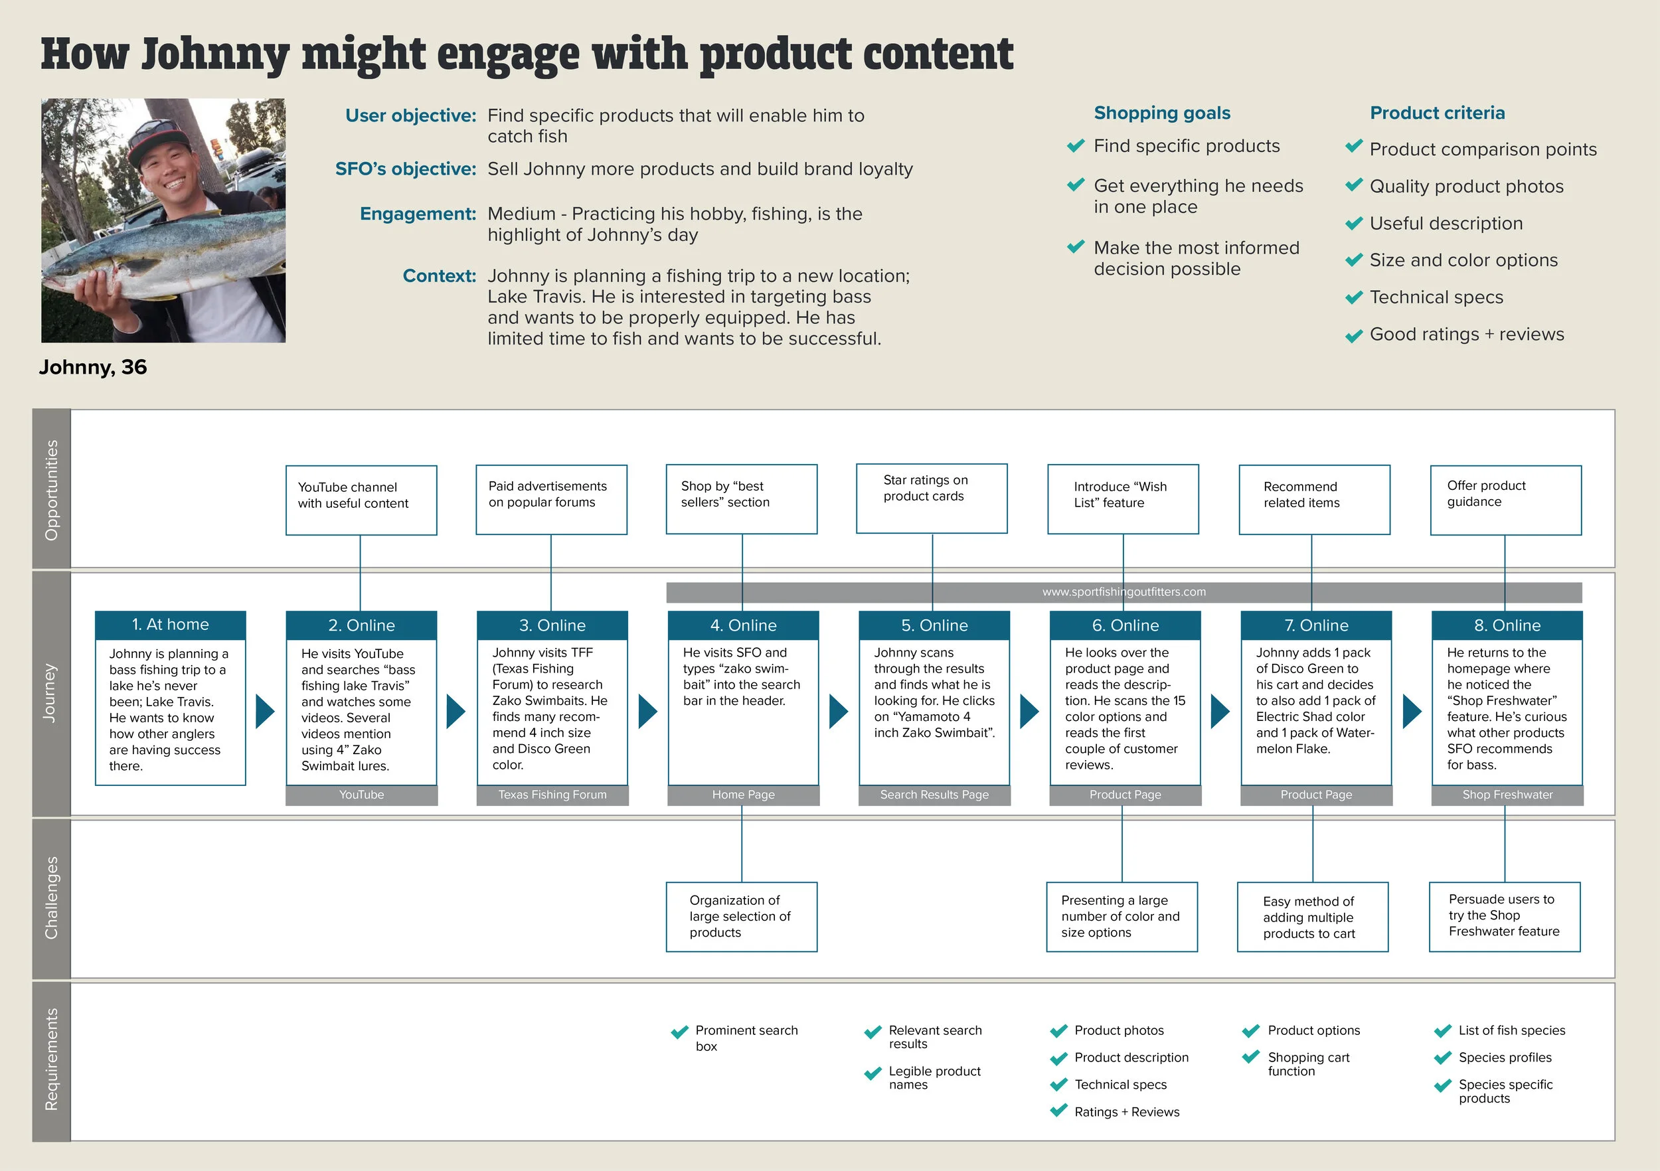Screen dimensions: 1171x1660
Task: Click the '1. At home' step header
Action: (x=170, y=625)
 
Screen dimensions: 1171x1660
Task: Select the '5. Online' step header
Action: (x=934, y=625)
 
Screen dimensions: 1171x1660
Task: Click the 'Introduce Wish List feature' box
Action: (x=1123, y=499)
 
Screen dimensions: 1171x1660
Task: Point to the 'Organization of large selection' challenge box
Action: (x=741, y=917)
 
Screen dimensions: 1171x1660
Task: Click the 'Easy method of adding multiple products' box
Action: (x=1312, y=917)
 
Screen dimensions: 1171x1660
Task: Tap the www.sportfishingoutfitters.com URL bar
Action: (x=1123, y=592)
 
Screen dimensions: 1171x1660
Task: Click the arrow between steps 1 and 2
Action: (x=266, y=711)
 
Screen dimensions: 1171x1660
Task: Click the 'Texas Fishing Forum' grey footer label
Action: (x=552, y=795)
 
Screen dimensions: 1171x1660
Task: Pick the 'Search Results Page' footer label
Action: (x=934, y=795)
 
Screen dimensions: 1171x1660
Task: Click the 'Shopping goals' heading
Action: (x=1162, y=113)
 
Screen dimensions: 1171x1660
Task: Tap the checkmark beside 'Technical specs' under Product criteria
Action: (x=1353, y=298)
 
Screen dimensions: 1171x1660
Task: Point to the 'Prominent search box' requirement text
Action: (x=746, y=1038)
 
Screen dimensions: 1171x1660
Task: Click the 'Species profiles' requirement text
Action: (x=1505, y=1057)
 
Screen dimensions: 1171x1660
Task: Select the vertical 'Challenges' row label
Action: (x=51, y=898)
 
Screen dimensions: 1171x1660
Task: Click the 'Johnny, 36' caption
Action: (x=93, y=367)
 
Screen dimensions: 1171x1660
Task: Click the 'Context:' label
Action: (x=439, y=276)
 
